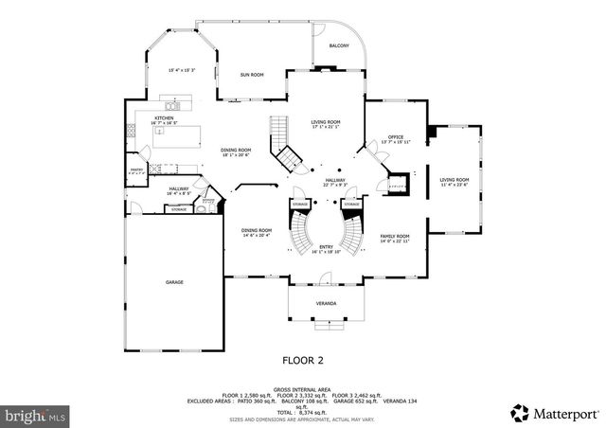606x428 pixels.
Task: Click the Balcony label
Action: click(338, 45)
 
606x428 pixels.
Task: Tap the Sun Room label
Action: click(251, 74)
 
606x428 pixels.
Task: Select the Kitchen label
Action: click(165, 118)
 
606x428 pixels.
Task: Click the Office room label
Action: click(396, 137)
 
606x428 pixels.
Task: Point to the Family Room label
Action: click(395, 237)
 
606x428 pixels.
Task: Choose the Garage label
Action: click(174, 281)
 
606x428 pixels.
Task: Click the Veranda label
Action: click(326, 304)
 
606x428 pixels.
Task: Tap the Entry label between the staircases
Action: click(326, 247)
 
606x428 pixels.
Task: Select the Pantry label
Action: click(135, 170)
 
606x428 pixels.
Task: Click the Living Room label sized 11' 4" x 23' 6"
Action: click(454, 180)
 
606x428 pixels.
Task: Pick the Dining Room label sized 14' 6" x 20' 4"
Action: click(256, 231)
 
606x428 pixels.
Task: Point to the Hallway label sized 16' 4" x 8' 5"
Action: click(179, 189)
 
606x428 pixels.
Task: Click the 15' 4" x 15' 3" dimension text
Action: click(182, 69)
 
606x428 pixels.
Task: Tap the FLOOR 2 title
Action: click(303, 360)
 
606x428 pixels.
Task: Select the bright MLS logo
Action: click(35, 414)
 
